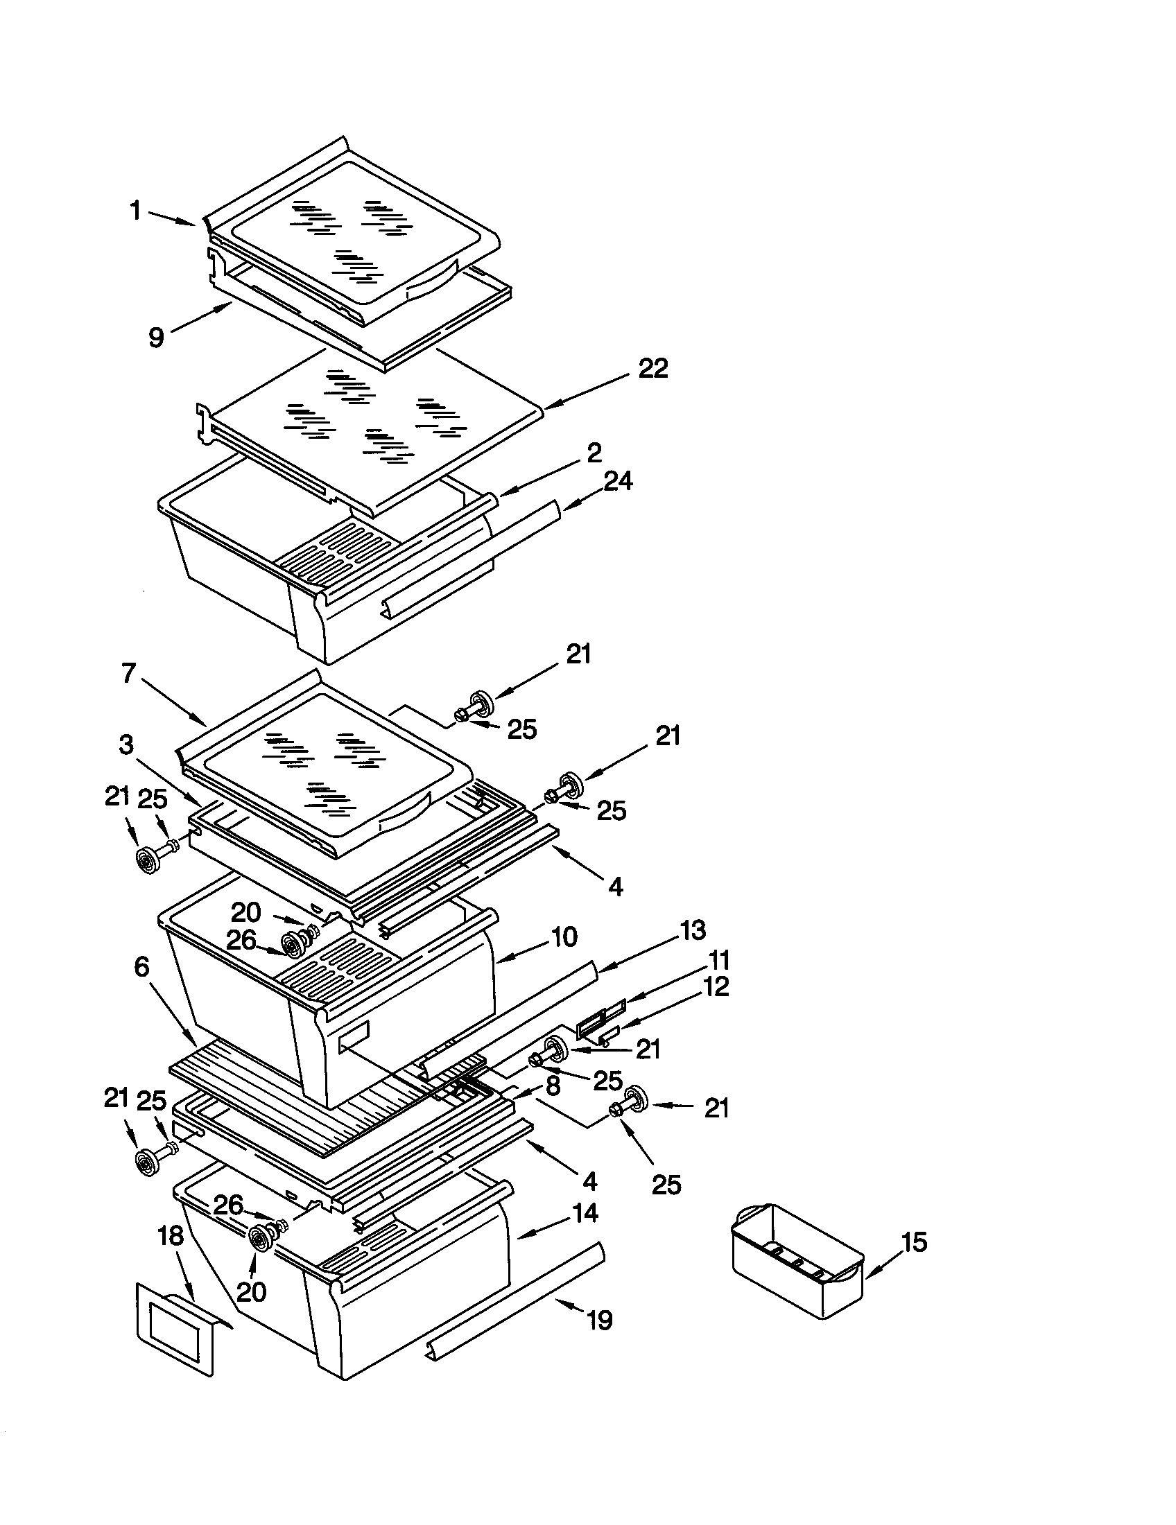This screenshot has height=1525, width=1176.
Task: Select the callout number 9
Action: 157,338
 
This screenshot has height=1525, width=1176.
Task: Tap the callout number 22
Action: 653,368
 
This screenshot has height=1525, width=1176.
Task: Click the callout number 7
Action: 128,674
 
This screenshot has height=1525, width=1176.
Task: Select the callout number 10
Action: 564,936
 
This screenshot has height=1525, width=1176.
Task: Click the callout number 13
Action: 692,930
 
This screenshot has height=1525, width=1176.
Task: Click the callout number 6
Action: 141,967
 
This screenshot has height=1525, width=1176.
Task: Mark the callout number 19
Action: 600,1320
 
